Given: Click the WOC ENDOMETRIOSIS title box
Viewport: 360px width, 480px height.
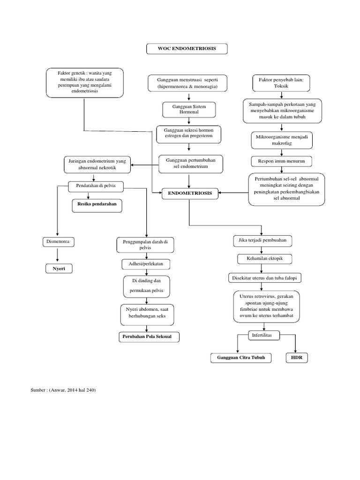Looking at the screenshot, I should click(x=187, y=49).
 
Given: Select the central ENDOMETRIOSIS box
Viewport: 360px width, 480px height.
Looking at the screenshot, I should click(x=189, y=193).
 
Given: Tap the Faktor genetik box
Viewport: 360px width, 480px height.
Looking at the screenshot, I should click(x=84, y=83).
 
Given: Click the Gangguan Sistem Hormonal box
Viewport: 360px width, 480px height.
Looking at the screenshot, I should click(x=187, y=110).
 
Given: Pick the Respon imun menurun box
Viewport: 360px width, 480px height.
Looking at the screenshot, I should click(x=281, y=161).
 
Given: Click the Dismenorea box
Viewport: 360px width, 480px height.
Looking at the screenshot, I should click(x=58, y=242).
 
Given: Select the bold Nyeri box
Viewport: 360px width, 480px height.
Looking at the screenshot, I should click(x=59, y=269).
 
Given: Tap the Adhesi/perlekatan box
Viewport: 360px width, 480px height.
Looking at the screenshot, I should click(x=146, y=265).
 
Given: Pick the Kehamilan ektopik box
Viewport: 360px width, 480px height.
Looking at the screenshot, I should click(x=265, y=259).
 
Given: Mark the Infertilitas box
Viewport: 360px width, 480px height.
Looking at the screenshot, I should click(x=265, y=336).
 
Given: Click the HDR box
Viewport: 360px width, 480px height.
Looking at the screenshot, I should click(x=297, y=359).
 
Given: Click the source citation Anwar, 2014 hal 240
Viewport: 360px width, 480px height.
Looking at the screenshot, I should click(x=63, y=390).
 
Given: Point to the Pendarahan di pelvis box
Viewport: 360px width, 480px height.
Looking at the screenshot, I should click(x=96, y=186).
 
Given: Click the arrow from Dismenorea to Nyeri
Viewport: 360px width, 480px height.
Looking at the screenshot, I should click(x=58, y=255).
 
